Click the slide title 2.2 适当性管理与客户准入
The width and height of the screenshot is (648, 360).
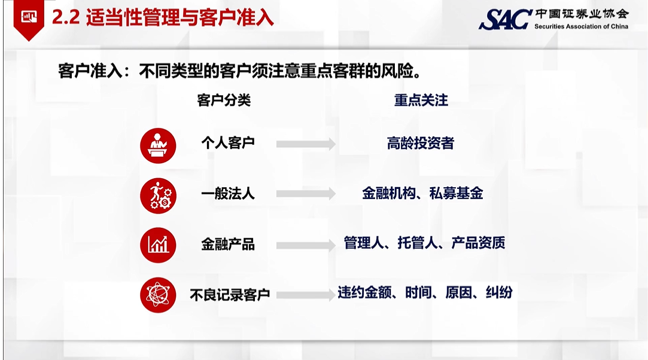click(163, 18)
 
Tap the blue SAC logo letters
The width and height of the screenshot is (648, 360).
click(505, 19)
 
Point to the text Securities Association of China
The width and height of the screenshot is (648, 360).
click(581, 26)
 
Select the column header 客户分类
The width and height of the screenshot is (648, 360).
click(224, 100)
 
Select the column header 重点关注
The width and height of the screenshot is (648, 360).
click(421, 100)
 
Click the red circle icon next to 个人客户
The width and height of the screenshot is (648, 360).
click(158, 146)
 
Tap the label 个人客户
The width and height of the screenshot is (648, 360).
click(228, 144)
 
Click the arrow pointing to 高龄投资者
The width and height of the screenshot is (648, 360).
click(306, 144)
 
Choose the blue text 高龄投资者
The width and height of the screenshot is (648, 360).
click(420, 144)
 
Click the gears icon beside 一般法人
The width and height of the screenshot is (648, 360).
click(158, 196)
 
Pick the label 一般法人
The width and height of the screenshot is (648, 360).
click(228, 193)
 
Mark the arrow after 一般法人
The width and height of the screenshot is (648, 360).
click(306, 194)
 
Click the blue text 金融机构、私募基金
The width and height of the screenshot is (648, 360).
click(422, 193)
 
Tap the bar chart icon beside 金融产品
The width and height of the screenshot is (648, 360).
click(158, 245)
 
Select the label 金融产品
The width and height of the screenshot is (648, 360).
click(228, 244)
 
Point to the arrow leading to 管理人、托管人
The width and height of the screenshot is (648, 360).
click(306, 245)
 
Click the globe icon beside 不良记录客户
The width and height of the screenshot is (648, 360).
click(158, 295)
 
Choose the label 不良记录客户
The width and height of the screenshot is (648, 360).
click(230, 295)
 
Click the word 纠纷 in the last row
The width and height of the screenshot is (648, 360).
click(499, 292)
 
